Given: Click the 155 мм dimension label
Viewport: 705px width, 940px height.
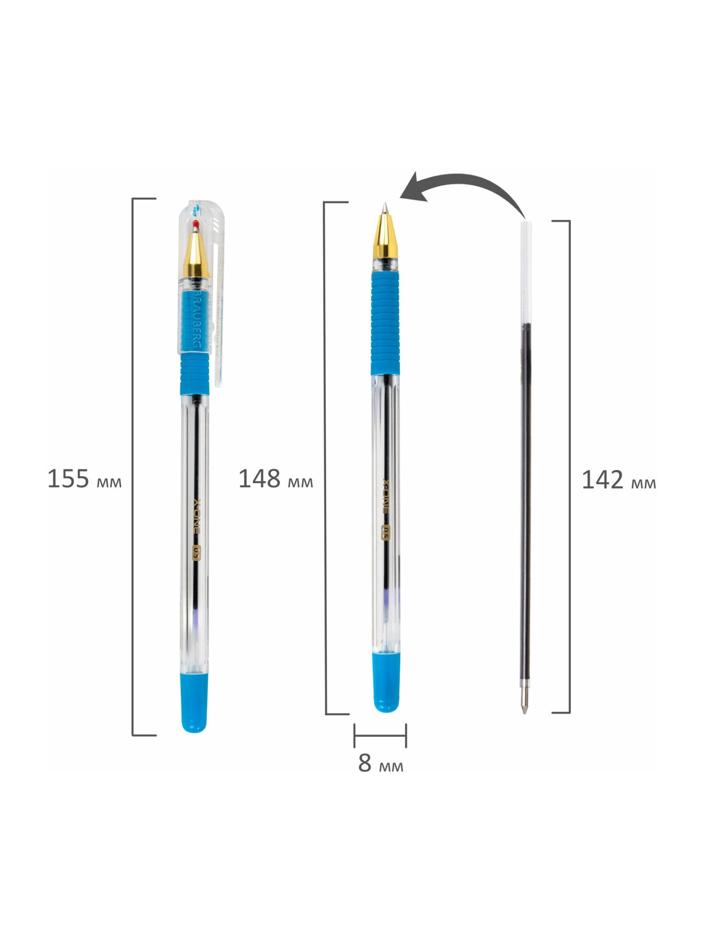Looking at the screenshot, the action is [x=85, y=479].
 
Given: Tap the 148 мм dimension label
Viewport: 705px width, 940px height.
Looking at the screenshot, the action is [x=276, y=479].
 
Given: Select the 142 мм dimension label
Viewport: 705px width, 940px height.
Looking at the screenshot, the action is [x=619, y=480].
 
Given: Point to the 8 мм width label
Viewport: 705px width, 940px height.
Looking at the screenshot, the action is [x=381, y=763].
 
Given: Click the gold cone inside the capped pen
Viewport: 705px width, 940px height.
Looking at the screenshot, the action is [x=196, y=254].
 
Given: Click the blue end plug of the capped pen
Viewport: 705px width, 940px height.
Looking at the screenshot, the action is [x=194, y=703].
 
